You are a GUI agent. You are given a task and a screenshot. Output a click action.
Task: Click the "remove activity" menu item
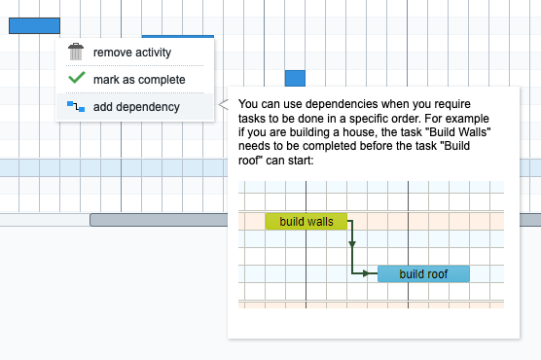(131, 52)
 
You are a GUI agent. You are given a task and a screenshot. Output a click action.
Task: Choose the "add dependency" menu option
(135, 106)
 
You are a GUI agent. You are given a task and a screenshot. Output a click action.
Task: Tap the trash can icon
(76, 52)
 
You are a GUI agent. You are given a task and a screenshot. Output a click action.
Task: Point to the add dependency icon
(76, 106)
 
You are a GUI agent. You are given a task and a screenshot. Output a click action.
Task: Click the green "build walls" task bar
(306, 222)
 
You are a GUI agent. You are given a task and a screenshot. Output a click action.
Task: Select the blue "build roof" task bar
(423, 274)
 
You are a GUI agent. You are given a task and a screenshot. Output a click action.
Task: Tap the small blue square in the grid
(295, 79)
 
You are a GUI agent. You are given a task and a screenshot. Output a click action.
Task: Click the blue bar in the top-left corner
(34, 26)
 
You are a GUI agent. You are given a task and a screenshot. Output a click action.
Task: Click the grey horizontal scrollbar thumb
(311, 220)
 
